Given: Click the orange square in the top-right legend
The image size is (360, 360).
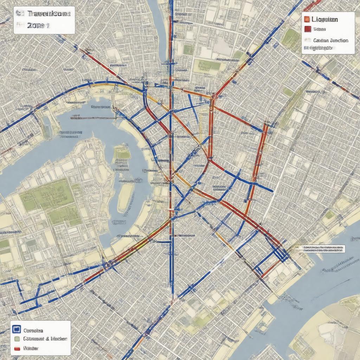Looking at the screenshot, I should tap(307, 19).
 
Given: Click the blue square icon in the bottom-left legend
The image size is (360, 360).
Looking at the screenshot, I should tap(16, 329).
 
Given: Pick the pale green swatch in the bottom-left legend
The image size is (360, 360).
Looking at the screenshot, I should tap(17, 339).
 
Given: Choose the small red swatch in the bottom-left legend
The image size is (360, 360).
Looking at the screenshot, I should tap(17, 349).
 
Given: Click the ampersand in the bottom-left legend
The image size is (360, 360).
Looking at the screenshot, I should tap(47, 339).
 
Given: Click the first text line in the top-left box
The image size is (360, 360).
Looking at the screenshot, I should tap(44, 14).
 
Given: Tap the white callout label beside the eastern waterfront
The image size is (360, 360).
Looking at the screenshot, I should tap(323, 249).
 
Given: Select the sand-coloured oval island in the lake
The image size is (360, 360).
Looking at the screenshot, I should tap(125, 197).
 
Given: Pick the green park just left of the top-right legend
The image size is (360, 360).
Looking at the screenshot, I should tap(291, 37).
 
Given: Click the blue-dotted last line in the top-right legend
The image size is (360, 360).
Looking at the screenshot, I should tap(317, 48).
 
